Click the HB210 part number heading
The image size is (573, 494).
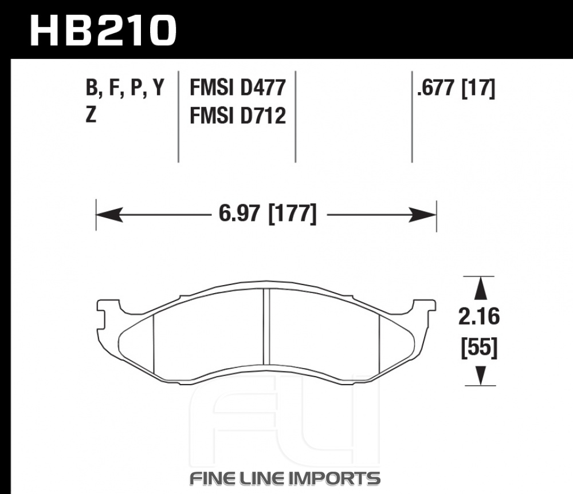pyautogui.click(x=103, y=31)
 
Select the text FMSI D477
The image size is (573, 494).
pyautogui.click(x=238, y=88)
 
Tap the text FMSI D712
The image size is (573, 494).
pyautogui.click(x=238, y=116)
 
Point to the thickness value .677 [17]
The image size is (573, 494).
pyautogui.click(x=456, y=88)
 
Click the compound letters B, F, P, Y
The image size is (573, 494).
pyautogui.click(x=125, y=88)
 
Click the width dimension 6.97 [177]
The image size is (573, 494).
pyautogui.click(x=267, y=214)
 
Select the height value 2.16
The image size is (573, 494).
pyautogui.click(x=478, y=316)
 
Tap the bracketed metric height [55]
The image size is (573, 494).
pyautogui.click(x=479, y=347)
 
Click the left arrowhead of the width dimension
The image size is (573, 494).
pyautogui.click(x=109, y=214)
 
